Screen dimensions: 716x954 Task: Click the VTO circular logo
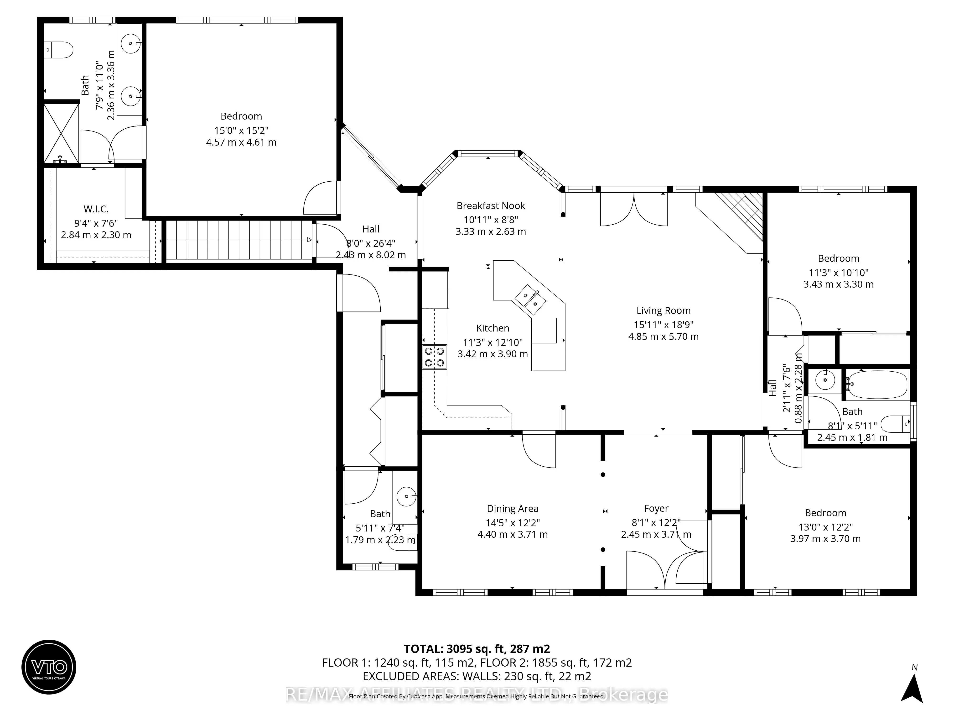click(x=49, y=667)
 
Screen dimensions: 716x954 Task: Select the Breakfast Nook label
click(x=491, y=206)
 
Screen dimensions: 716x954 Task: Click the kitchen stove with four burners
click(x=434, y=357)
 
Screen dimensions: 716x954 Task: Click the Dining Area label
click(x=512, y=509)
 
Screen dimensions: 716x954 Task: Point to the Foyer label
click(x=656, y=509)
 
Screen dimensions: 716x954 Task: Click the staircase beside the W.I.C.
click(x=238, y=240)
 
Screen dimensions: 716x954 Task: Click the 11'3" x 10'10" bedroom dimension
click(x=838, y=273)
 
